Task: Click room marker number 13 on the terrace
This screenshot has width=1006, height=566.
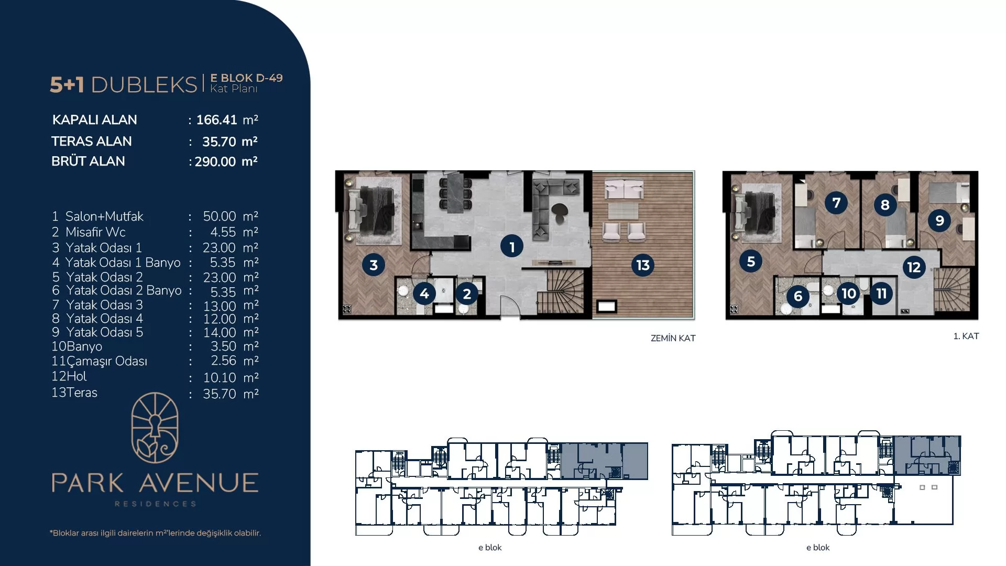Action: coord(643,265)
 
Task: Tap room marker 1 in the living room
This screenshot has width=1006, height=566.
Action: coord(512,246)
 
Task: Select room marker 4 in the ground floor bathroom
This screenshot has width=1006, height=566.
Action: coord(424,293)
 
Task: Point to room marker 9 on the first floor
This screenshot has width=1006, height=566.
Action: coord(939,220)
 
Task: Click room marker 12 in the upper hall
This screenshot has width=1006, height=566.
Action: coord(914,267)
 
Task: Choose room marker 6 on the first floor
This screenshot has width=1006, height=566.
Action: coord(798,296)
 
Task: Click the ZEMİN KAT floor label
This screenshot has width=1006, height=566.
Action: coord(673,338)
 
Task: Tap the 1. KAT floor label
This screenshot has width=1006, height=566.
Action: coord(966,336)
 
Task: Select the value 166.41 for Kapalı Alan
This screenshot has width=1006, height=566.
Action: coord(216,120)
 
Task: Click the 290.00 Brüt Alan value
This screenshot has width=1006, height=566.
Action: coord(215,161)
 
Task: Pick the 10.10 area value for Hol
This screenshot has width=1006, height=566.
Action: coord(220,377)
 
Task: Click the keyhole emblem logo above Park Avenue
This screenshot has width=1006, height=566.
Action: coord(155,428)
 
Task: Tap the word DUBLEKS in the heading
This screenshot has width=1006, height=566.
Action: coord(144,84)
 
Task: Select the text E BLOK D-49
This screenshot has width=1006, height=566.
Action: coord(246,78)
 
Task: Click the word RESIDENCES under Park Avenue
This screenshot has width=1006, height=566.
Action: coord(156,504)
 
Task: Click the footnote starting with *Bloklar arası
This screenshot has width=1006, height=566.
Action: coord(155,533)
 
